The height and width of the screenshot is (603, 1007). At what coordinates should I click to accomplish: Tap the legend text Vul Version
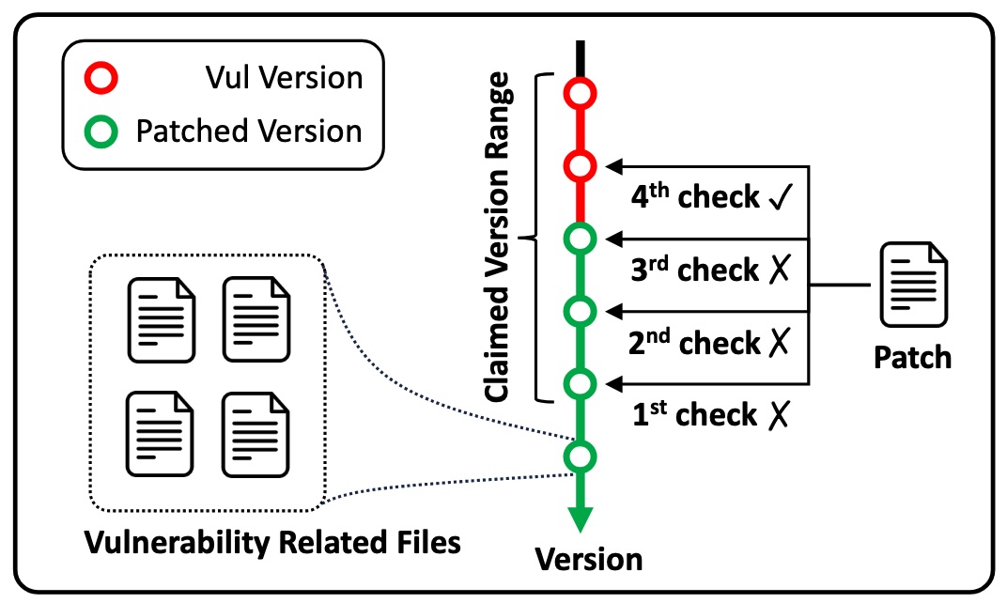[284, 78]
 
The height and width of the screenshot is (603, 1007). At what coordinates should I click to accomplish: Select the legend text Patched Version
[249, 131]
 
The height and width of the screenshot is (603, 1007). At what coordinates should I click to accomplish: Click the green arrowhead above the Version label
[580, 518]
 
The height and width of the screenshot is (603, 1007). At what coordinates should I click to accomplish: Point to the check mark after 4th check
[781, 197]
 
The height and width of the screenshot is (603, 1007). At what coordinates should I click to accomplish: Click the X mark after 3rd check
[779, 269]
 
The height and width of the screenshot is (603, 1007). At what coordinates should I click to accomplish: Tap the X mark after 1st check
[778, 415]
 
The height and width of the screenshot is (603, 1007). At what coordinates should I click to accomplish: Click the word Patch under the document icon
[913, 358]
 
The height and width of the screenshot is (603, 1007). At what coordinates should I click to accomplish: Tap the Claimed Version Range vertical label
[499, 238]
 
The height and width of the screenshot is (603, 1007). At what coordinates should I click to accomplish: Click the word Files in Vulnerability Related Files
[428, 543]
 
